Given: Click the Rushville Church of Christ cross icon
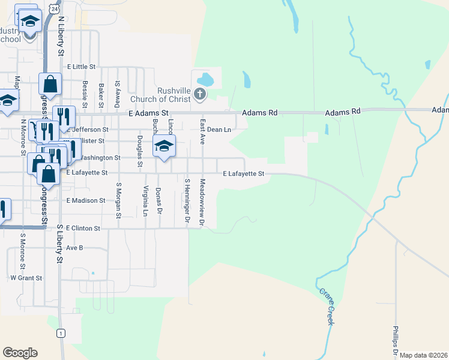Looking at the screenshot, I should tap(200, 94).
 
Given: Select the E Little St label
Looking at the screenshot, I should tap(82, 67).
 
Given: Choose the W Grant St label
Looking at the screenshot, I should tap(26, 278).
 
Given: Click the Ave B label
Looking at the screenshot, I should tap(74, 247).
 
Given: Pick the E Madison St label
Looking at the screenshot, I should tap(86, 200).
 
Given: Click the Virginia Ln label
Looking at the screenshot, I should tap(145, 200).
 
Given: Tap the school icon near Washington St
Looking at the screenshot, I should tap(164, 146).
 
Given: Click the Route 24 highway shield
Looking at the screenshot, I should tap(55, 10).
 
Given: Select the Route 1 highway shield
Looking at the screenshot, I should tap(60, 332).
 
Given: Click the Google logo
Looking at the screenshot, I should tap(20, 353).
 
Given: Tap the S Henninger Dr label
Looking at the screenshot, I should tap(187, 202).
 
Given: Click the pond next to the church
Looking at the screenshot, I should tap(205, 79).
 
